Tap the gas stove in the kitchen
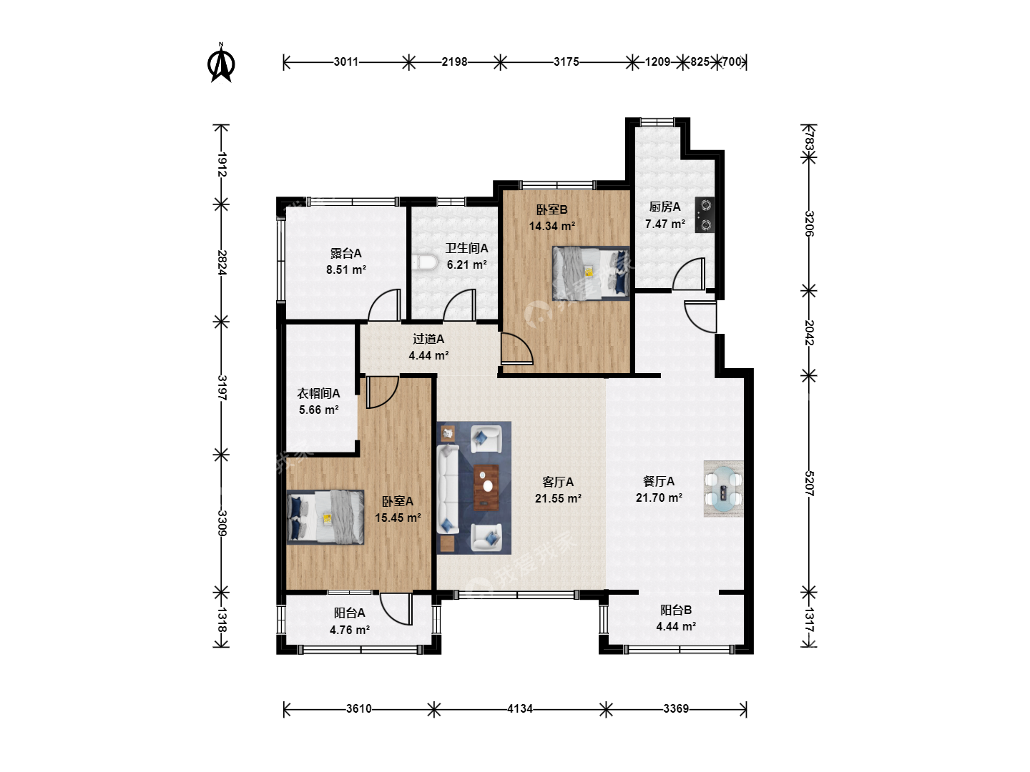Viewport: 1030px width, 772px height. click(705, 214)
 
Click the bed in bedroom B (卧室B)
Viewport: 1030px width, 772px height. click(591, 273)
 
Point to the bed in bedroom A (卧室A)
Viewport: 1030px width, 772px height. click(325, 517)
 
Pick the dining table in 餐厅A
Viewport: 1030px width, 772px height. click(723, 488)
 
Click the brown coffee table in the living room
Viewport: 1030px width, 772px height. click(486, 488)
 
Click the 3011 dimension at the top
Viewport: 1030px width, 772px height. click(345, 62)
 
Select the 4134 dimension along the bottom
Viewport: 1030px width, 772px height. click(520, 708)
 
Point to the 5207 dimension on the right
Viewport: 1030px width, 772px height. click(809, 483)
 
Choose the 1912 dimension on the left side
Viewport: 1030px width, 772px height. click(222, 164)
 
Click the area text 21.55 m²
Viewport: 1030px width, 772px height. click(558, 498)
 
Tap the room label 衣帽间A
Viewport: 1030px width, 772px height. click(318, 393)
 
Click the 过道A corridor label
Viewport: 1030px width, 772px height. click(428, 338)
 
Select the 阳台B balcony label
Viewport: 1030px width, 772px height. click(676, 610)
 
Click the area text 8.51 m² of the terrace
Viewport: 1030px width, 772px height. click(345, 269)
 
